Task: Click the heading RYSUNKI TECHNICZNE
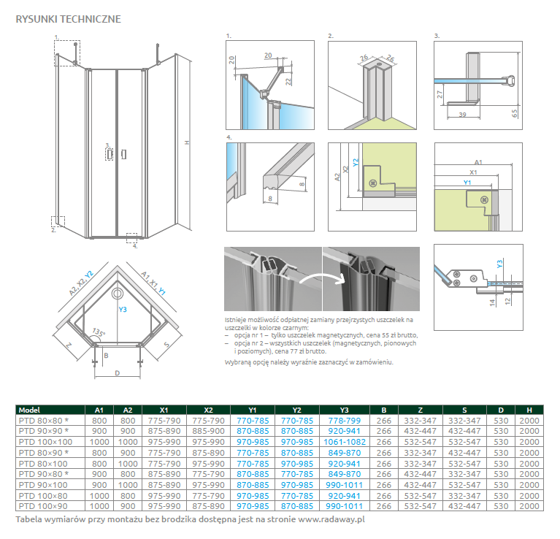click(68, 18)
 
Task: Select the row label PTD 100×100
click(46, 442)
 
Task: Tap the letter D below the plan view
click(117, 373)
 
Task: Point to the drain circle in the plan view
click(116, 294)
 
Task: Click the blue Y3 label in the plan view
click(123, 310)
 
